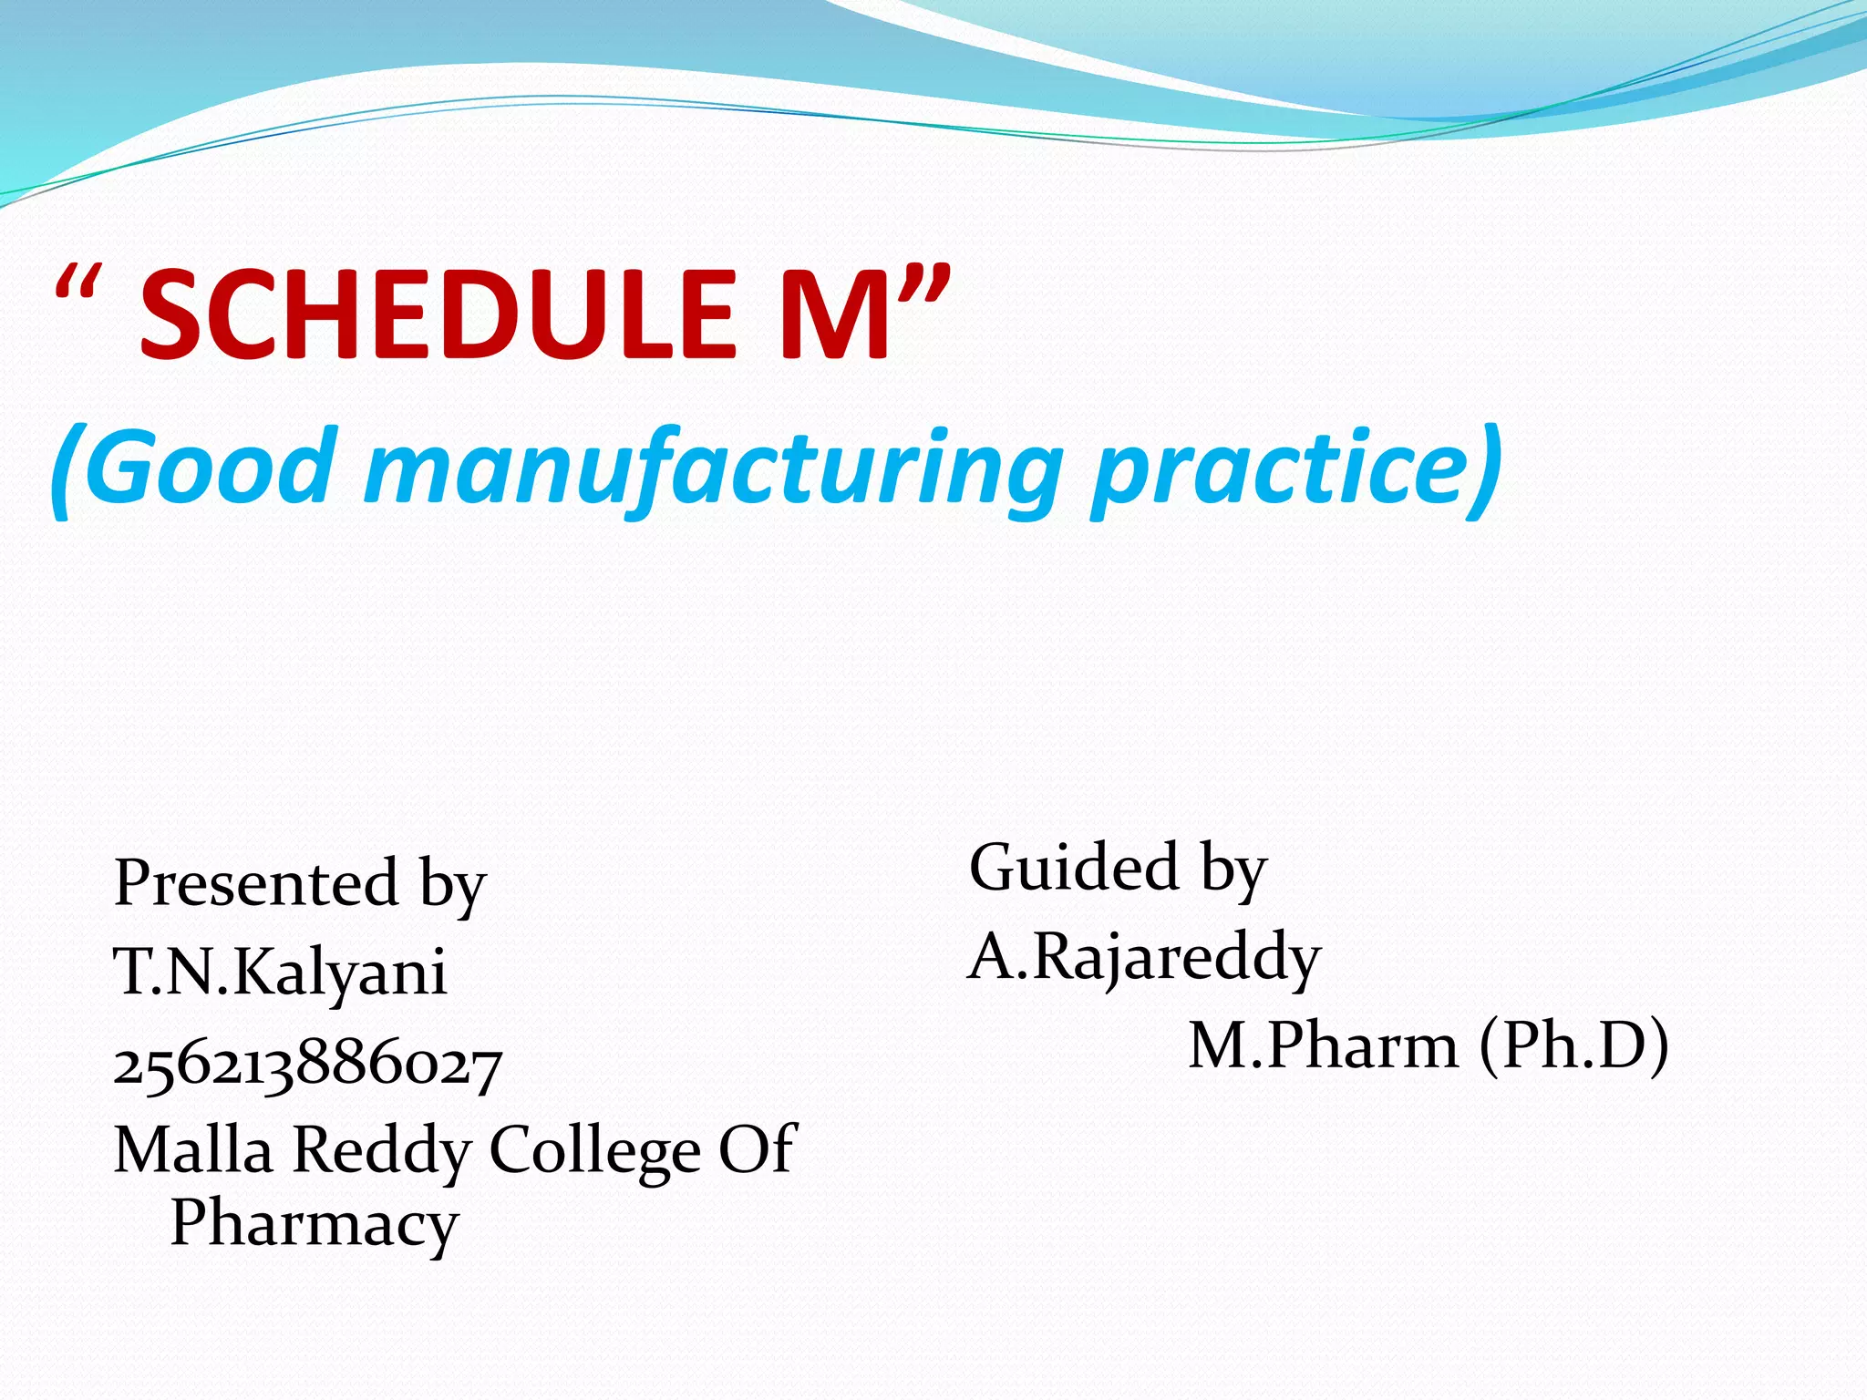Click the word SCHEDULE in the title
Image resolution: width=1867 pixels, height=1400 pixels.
click(438, 314)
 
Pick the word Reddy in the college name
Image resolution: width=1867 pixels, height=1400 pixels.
click(381, 1149)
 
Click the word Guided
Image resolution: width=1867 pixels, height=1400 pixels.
click(1075, 867)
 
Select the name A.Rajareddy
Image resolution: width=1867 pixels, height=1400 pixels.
click(1144, 957)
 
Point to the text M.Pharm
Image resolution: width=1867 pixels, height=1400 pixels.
click(1323, 1045)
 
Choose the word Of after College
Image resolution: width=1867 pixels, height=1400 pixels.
click(758, 1149)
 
